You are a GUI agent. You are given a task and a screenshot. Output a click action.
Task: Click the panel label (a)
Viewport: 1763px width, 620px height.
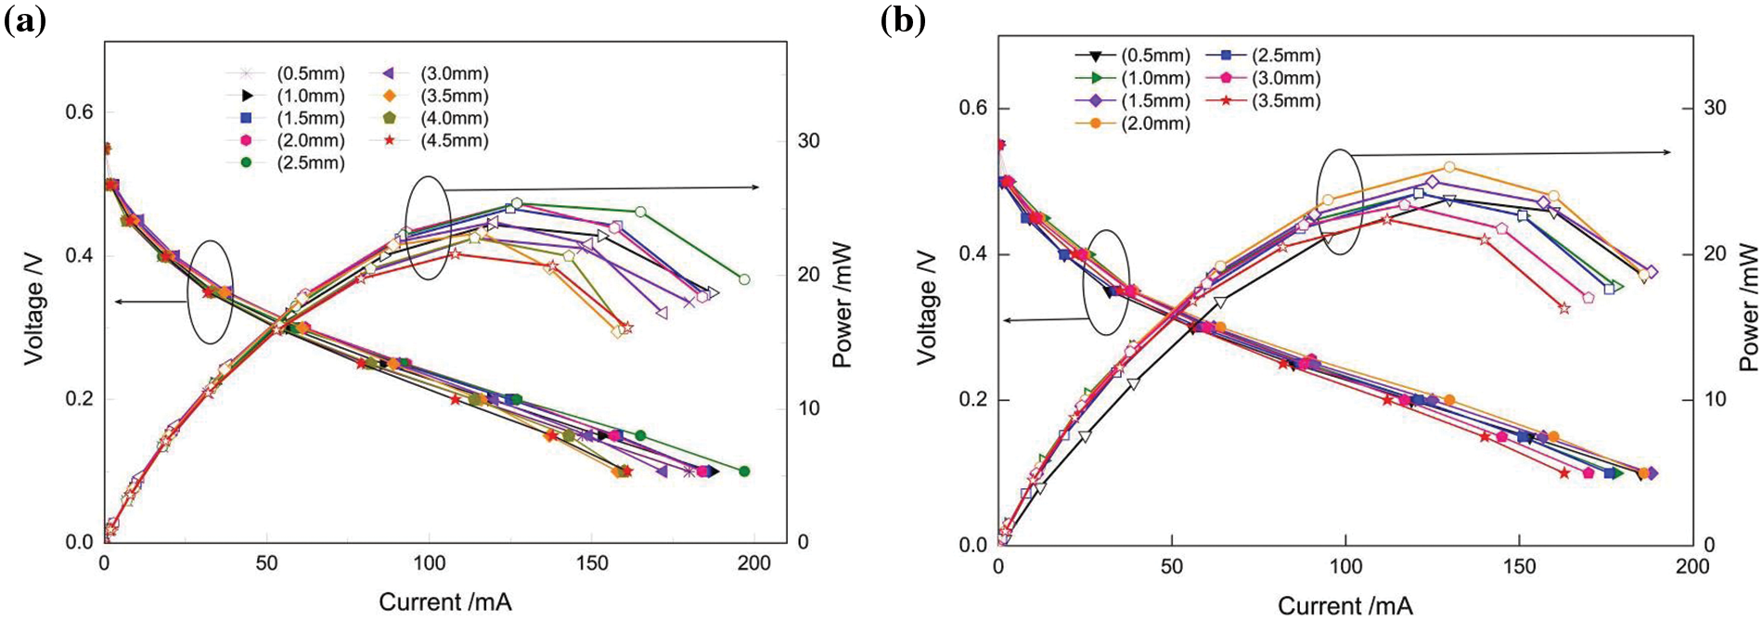(25, 20)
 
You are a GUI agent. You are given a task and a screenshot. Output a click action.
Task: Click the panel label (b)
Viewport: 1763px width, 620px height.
(903, 20)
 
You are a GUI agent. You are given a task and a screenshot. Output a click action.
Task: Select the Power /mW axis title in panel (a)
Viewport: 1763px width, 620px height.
(842, 307)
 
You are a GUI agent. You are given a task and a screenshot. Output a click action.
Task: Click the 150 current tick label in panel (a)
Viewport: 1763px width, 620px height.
(592, 563)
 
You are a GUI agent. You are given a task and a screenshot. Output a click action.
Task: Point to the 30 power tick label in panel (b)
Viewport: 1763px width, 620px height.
(1715, 108)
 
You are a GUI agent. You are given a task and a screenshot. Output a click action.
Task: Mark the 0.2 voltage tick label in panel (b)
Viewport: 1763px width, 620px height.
(973, 400)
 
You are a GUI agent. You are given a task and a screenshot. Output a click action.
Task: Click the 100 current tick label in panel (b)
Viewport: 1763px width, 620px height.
(1345, 567)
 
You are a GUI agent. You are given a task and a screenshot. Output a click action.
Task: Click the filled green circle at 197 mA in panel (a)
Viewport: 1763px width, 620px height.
(743, 471)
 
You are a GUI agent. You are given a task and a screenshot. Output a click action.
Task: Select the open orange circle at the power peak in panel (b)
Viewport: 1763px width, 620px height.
(1449, 168)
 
